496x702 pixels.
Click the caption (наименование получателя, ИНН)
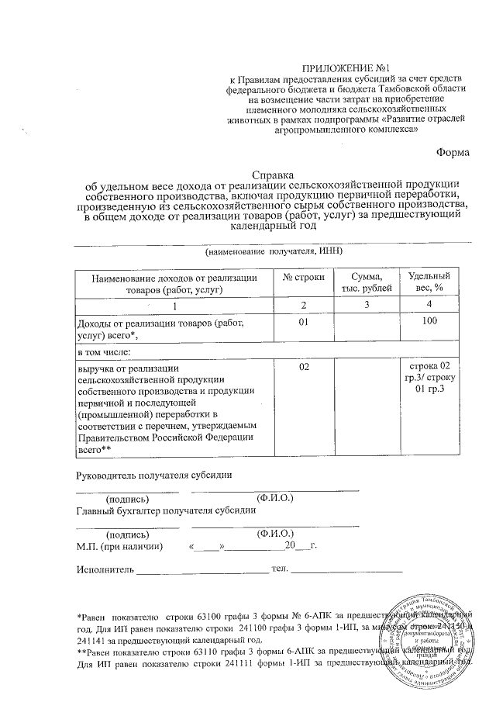(x=274, y=253)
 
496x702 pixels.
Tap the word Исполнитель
(x=105, y=571)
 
